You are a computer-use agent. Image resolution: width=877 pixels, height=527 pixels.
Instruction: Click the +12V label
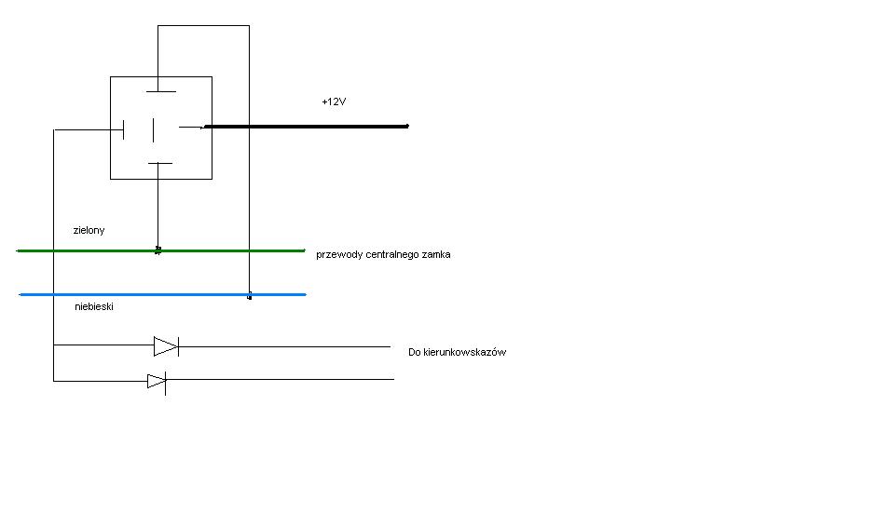point(334,102)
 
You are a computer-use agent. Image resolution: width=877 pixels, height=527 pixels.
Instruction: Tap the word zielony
point(89,229)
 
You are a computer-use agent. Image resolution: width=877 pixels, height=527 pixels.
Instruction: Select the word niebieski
point(94,305)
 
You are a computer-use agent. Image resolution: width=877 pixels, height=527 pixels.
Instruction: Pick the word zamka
point(437,254)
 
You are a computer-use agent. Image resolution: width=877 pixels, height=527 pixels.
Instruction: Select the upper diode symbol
point(166,346)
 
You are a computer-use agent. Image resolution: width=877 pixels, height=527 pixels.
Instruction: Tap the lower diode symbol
point(157,381)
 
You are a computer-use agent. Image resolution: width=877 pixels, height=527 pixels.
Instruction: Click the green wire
point(233,250)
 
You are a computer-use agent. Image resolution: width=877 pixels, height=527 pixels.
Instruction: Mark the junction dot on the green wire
point(158,250)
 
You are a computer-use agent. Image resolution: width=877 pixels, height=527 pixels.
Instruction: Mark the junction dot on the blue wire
point(249,296)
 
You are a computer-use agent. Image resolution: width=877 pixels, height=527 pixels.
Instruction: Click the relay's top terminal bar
point(160,91)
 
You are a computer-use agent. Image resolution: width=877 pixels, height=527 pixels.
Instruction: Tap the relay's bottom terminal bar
point(160,163)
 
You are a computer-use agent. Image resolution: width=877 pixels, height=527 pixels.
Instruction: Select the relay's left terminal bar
point(124,128)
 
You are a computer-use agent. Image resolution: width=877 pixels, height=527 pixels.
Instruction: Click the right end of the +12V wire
point(406,126)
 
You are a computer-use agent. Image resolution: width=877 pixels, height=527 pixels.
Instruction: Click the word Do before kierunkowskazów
point(415,352)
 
